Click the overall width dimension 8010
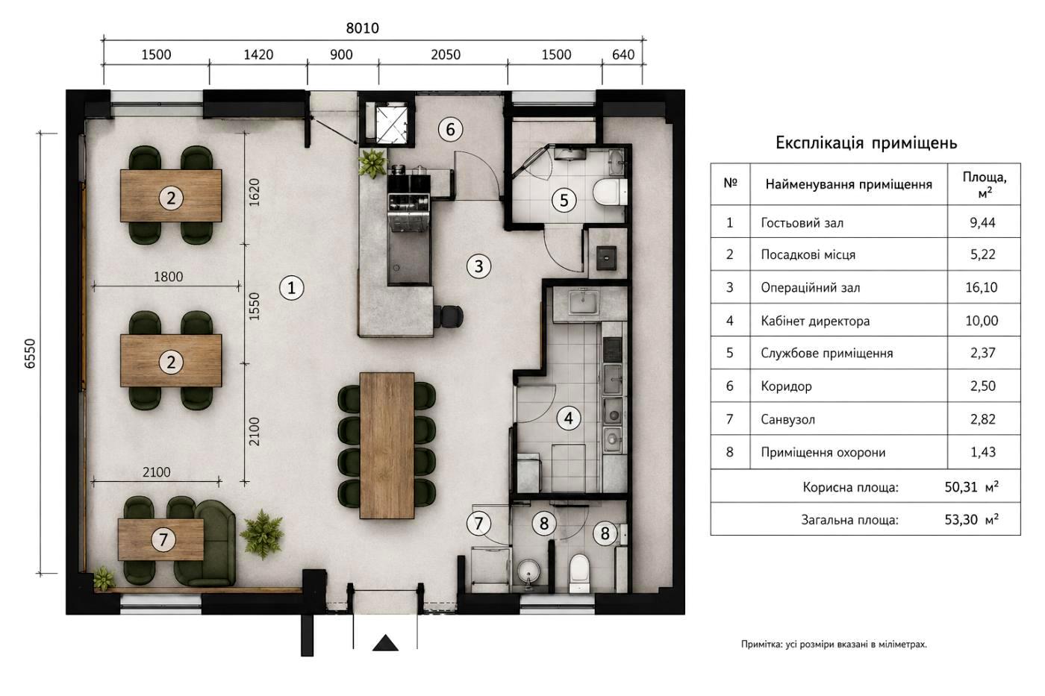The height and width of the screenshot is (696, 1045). (363, 28)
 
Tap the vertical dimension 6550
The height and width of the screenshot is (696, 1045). (30, 354)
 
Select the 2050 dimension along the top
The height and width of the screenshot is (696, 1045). (446, 54)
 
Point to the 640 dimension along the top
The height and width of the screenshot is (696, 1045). (623, 54)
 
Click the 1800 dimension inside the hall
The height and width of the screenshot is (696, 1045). (168, 277)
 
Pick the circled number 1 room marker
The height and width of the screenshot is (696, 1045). (292, 288)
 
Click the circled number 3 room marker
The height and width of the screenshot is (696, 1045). (478, 266)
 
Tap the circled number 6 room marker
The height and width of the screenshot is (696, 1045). (450, 129)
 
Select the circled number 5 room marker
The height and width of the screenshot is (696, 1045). (564, 201)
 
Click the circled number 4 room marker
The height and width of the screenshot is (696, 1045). (569, 418)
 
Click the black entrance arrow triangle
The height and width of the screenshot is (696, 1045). (385, 643)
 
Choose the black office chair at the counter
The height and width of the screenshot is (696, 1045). (449, 316)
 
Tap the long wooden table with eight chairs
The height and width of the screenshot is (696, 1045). (387, 445)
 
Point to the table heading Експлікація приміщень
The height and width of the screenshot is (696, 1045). (866, 142)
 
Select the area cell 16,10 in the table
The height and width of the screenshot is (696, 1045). (982, 287)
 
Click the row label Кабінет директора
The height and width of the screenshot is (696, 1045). (815, 321)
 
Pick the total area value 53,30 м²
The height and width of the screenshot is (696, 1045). (971, 519)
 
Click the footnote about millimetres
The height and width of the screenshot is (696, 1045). (834, 645)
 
